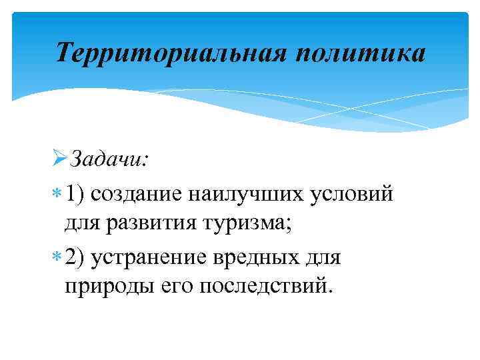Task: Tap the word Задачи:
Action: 101,160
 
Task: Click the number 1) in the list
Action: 75,193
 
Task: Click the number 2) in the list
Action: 75,257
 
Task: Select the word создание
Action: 137,193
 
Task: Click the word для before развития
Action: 81,224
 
